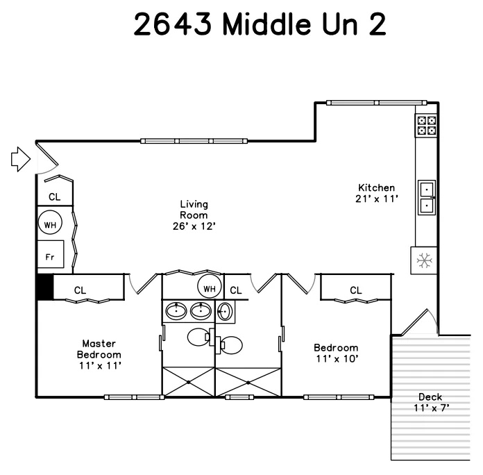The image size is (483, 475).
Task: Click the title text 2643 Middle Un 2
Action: click(x=260, y=25)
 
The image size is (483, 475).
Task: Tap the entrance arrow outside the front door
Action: click(x=21, y=159)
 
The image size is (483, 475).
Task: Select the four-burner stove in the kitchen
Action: click(x=426, y=125)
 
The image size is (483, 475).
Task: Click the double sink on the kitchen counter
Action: click(x=426, y=197)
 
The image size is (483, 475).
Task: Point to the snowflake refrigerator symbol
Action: click(x=423, y=260)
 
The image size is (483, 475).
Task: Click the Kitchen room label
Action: click(x=376, y=187)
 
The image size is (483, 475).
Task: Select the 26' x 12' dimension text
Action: click(x=194, y=226)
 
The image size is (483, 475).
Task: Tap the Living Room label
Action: click(x=194, y=210)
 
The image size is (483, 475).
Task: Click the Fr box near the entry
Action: click(x=50, y=255)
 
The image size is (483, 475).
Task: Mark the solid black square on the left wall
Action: click(x=44, y=287)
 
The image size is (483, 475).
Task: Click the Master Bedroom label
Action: click(x=100, y=349)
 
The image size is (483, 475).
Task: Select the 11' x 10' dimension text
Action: click(x=336, y=359)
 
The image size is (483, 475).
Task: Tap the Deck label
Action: click(x=430, y=397)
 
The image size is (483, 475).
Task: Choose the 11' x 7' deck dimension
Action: click(x=430, y=408)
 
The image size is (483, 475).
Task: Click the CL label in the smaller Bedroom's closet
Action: click(x=355, y=290)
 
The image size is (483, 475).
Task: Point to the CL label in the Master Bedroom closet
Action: click(x=80, y=290)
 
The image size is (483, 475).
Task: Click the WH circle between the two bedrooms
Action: click(x=209, y=286)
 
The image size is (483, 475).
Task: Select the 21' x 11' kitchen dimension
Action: click(x=376, y=199)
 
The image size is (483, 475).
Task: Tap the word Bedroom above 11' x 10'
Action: click(x=336, y=348)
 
